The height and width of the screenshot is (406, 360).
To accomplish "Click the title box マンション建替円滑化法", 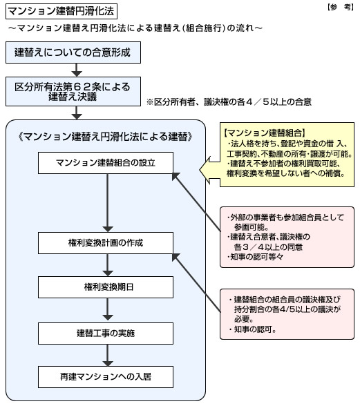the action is (x=61, y=11).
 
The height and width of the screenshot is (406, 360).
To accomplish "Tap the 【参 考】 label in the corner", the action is (x=340, y=7).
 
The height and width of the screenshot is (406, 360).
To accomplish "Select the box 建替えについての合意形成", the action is (x=73, y=52).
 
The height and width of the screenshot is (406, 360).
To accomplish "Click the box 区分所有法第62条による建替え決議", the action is (x=73, y=91).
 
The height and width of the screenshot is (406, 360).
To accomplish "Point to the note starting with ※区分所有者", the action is (x=229, y=101).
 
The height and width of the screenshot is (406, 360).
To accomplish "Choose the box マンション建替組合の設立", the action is (x=106, y=163).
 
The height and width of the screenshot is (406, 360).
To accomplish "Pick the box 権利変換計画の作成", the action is (x=106, y=243).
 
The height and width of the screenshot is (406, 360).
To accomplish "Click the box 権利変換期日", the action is (x=106, y=287).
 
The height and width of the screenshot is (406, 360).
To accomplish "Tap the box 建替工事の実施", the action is (x=106, y=333).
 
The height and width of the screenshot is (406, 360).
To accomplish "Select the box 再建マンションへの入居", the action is (x=106, y=377).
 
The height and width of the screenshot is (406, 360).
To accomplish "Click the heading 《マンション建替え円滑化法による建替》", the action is (x=106, y=137).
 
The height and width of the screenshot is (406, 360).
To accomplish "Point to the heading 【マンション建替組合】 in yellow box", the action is (x=264, y=133).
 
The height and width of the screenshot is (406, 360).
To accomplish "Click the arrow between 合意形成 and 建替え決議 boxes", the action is (x=77, y=70).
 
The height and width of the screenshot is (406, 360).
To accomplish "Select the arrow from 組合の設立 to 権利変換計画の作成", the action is (x=108, y=203).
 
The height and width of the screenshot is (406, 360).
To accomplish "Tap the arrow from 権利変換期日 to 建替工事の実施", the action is (x=108, y=309).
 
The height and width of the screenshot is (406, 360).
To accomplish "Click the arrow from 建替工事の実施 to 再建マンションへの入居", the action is (x=108, y=355).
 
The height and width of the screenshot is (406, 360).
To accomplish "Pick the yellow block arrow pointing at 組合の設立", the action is (x=209, y=170).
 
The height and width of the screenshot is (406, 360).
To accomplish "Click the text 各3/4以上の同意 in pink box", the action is (x=268, y=247).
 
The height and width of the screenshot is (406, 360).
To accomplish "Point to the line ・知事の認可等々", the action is (x=255, y=257).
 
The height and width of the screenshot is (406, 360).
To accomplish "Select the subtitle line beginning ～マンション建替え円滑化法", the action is (x=135, y=28).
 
